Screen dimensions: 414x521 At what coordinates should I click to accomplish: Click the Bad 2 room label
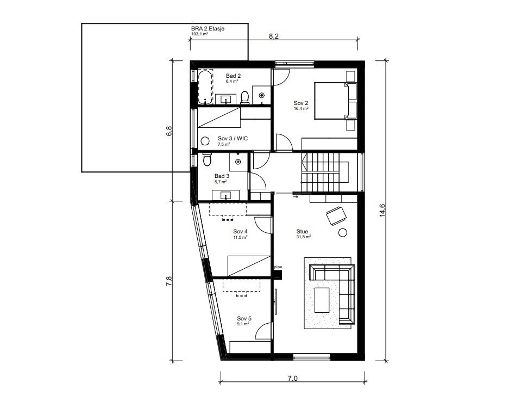point(233,76)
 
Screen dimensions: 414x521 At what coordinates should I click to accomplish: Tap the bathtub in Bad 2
point(205,86)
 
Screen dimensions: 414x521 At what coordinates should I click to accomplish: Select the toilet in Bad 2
point(244,97)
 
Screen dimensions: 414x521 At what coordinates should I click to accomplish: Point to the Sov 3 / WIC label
point(233,139)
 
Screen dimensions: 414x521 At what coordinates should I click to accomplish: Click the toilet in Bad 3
point(206,160)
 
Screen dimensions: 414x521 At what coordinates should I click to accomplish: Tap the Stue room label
point(302,231)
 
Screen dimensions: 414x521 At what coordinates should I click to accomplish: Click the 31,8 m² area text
point(303,237)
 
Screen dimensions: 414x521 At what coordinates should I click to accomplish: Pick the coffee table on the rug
point(323,300)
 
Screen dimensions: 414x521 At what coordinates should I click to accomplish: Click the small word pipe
point(278,267)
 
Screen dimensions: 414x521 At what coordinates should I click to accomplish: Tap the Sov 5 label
point(244,318)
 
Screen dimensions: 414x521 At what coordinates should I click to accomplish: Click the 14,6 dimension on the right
point(382,209)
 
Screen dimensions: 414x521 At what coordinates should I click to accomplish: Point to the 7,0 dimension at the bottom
point(293,379)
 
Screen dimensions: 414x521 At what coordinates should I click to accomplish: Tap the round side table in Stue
point(343,233)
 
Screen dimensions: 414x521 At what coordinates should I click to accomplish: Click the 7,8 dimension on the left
point(169,280)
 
